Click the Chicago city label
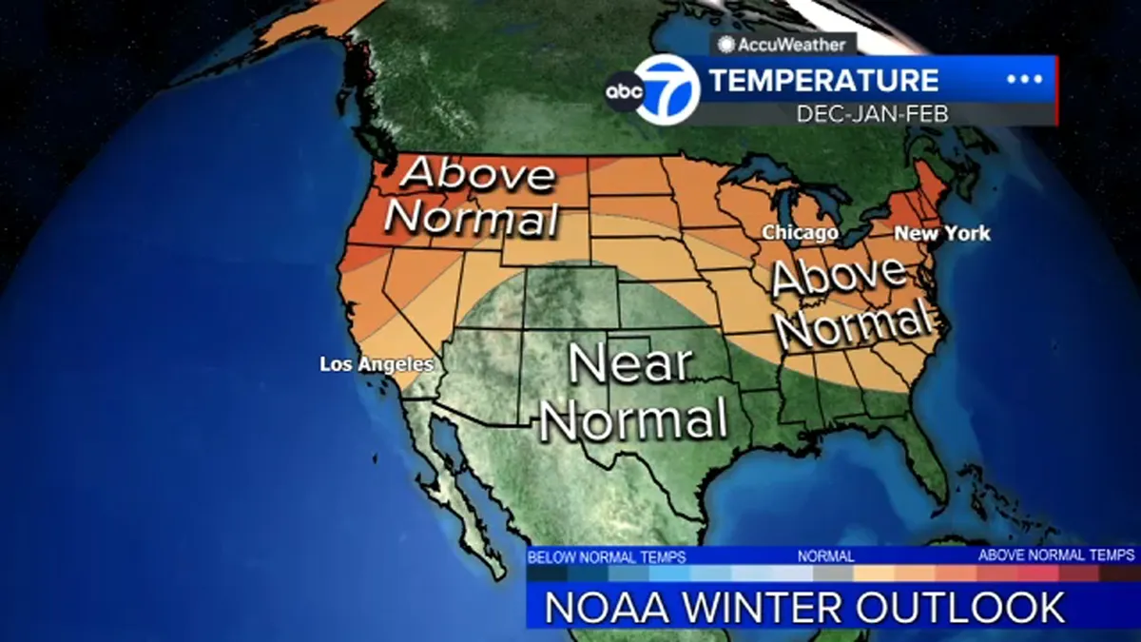tap(800, 233)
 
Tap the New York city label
tap(941, 233)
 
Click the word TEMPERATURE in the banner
tap(823, 81)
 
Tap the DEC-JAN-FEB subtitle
tap(872, 114)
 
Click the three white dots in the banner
tap(1024, 80)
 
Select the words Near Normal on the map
tap(634, 392)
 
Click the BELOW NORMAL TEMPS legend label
tap(607, 556)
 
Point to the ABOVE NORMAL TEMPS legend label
tap(1056, 555)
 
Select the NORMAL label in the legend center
tap(825, 555)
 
